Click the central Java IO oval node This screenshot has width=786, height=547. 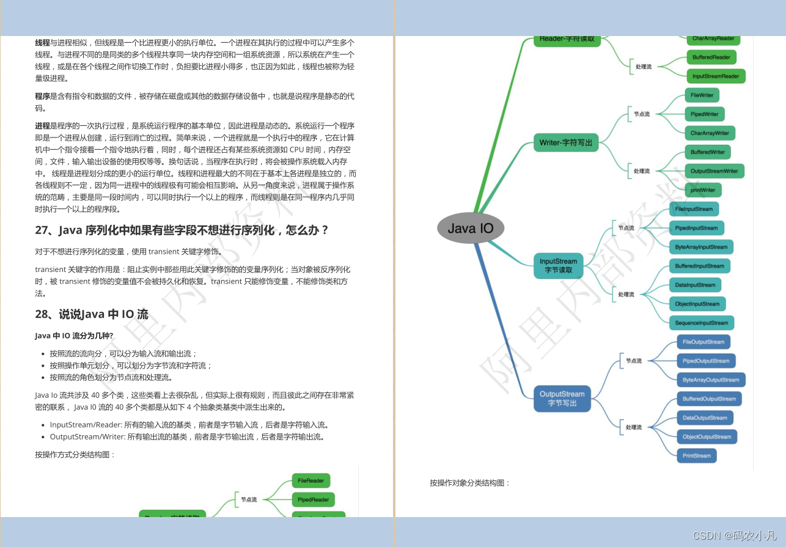coord(471,229)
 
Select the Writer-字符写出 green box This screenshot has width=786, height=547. coord(565,143)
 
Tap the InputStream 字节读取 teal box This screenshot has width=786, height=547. coord(558,266)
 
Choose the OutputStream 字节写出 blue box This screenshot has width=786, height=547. coord(562,398)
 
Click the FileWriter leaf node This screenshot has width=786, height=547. coord(702,95)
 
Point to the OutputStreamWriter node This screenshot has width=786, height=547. coord(714,171)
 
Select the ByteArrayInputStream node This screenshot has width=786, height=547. coord(701,247)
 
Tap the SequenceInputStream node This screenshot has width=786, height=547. coord(701,323)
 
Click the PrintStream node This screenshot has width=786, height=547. coord(696,455)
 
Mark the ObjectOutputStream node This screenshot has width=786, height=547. coord(706,436)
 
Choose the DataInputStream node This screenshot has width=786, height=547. coord(695,285)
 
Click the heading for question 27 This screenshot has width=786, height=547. coord(182,230)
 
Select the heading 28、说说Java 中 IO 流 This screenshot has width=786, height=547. coord(92,315)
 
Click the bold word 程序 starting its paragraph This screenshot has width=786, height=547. coord(42,97)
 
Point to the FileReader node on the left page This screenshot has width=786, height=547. coord(311,481)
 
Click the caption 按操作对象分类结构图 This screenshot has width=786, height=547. coord(469,483)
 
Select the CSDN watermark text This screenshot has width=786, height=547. coord(733,535)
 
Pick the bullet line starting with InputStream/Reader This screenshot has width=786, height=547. coord(189,425)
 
